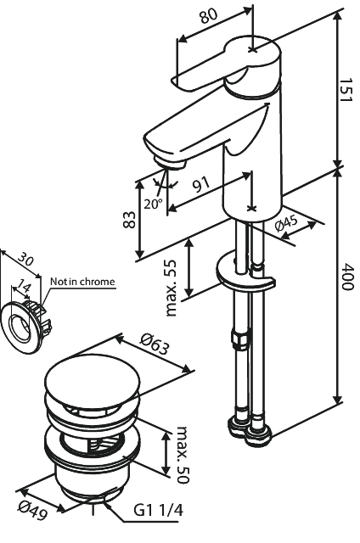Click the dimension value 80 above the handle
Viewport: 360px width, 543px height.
click(x=209, y=15)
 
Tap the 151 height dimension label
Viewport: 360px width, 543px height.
click(x=346, y=90)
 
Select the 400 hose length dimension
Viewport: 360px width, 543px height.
click(x=346, y=277)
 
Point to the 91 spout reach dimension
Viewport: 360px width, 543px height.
click(x=201, y=185)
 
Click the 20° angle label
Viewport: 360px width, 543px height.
click(x=153, y=204)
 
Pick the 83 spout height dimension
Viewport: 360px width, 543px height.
click(x=129, y=219)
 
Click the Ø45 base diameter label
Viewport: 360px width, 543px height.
click(x=286, y=224)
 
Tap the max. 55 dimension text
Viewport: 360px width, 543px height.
click(x=171, y=288)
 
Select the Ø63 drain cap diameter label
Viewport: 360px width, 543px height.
click(x=155, y=344)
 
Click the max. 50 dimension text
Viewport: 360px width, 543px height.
click(x=183, y=455)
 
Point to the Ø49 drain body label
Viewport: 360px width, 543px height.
click(x=33, y=510)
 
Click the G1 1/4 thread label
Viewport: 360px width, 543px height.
click(x=158, y=510)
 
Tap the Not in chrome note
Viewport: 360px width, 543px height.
click(x=82, y=281)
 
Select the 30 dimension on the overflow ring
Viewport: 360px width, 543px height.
click(x=25, y=259)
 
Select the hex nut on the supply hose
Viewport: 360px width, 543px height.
click(x=239, y=339)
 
